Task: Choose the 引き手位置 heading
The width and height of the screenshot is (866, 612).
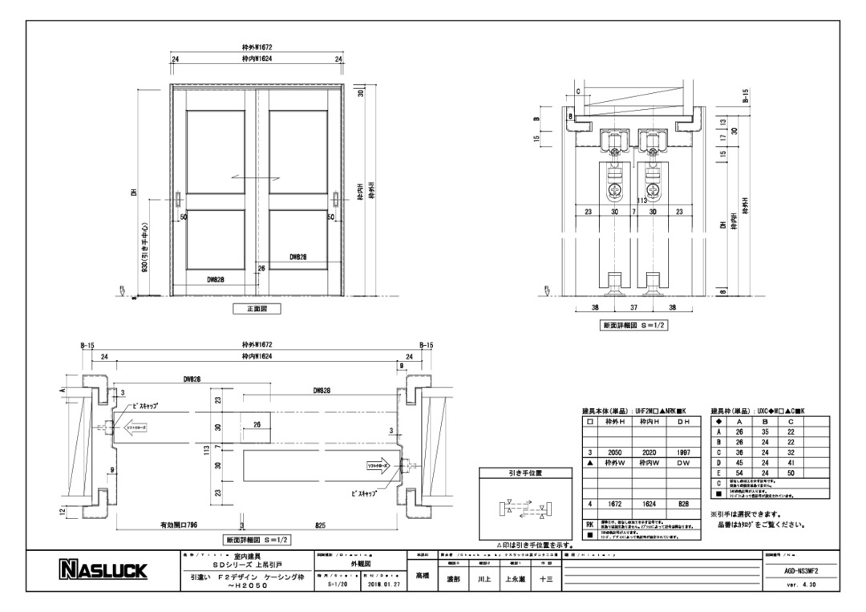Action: pyautogui.click(x=526, y=474)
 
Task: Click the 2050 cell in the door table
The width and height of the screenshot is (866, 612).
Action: pyautogui.click(x=616, y=452)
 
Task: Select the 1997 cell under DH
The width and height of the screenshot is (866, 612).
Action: pyautogui.click(x=682, y=452)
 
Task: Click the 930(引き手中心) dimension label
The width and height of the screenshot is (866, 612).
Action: pyautogui.click(x=142, y=249)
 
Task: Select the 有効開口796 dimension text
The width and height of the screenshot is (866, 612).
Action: pyautogui.click(x=178, y=525)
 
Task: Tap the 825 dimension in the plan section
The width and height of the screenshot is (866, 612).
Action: pyautogui.click(x=321, y=525)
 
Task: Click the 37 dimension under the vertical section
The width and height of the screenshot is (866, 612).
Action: pyautogui.click(x=633, y=307)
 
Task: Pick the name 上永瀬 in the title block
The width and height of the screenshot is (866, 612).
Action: pyautogui.click(x=515, y=578)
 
